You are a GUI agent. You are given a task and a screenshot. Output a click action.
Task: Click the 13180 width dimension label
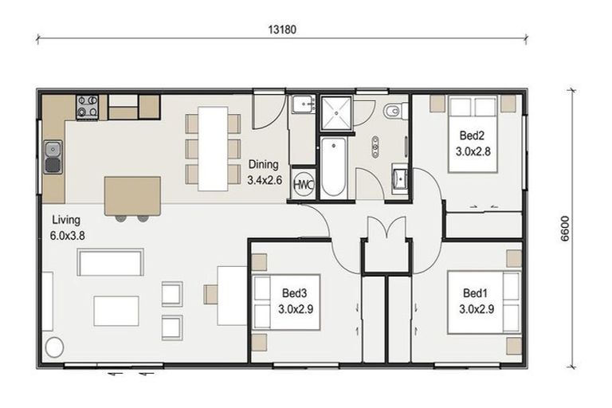(284, 29)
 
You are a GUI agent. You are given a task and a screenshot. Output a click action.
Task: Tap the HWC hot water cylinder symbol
(303, 183)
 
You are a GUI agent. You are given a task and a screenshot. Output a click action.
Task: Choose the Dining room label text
(264, 171)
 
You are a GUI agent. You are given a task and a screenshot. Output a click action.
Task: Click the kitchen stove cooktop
(88, 106)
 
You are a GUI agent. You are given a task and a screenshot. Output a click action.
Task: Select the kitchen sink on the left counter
(53, 156)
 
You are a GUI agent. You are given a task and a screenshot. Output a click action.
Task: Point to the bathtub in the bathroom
(333, 167)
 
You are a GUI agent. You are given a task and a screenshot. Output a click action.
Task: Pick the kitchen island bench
(132, 196)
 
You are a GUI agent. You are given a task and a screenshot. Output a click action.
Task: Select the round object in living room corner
(55, 347)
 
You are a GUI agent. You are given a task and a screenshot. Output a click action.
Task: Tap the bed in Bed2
(475, 134)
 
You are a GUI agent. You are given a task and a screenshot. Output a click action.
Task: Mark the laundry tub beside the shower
(304, 107)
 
